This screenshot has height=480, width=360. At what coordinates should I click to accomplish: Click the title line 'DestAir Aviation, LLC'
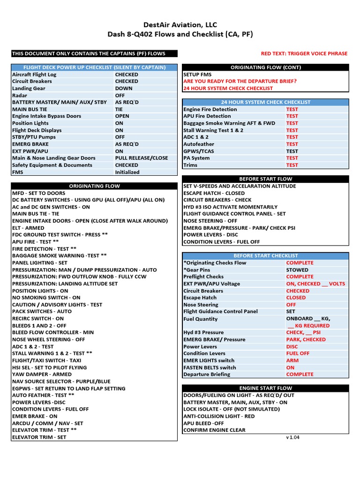(x=180, y=25)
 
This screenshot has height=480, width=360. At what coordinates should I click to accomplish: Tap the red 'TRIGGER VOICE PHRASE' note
(x=304, y=53)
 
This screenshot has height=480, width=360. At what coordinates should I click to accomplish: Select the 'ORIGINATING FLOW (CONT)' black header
(x=265, y=67)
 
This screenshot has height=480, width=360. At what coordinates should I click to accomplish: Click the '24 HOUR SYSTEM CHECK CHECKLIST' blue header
(x=265, y=102)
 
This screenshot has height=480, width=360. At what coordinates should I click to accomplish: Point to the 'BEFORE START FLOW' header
(x=265, y=179)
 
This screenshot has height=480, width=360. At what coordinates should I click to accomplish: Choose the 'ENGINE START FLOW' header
(x=265, y=388)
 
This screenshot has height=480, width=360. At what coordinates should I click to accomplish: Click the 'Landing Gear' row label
(x=29, y=88)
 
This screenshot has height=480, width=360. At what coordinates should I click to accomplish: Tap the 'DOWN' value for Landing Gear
(x=124, y=88)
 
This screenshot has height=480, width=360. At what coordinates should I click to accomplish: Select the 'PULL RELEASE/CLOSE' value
(x=141, y=158)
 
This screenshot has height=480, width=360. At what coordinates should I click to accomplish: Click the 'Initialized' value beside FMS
(x=127, y=172)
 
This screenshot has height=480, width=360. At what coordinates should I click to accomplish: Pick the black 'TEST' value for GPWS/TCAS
(x=292, y=151)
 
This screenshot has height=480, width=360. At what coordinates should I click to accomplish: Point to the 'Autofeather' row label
(x=199, y=144)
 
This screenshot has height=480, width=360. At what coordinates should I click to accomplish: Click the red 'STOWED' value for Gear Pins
(x=297, y=270)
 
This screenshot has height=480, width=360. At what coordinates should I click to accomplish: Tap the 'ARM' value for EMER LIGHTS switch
(x=292, y=360)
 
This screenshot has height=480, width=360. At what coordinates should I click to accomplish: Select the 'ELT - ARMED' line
(x=29, y=228)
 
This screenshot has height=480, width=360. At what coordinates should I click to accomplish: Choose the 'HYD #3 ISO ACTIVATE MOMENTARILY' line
(x=230, y=207)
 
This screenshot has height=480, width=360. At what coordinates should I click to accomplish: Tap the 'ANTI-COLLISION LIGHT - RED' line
(x=219, y=416)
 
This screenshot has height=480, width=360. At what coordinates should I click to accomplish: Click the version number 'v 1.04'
(x=292, y=437)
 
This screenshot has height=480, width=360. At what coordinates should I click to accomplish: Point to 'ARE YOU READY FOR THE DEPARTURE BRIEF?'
(x=240, y=81)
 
